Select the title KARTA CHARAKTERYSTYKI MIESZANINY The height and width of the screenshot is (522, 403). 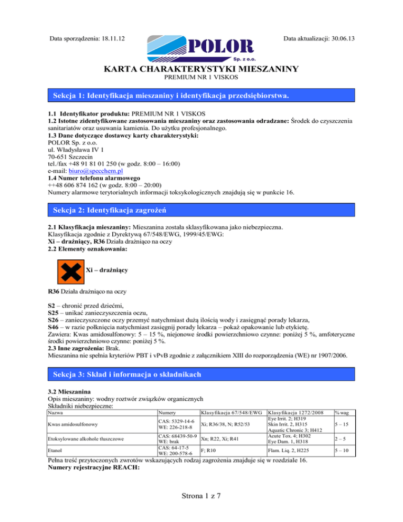pyautogui.click(x=201, y=69)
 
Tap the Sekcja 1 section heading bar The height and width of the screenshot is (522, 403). pyautogui.click(x=201, y=96)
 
